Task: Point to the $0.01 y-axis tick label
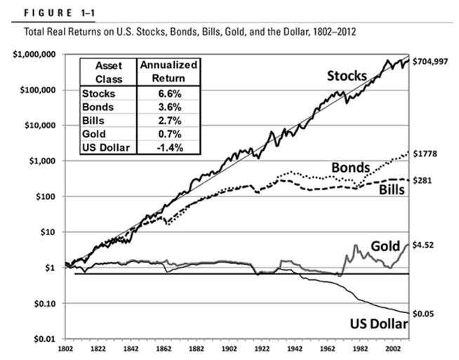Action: click(44, 339)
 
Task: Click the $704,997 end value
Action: click(434, 60)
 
